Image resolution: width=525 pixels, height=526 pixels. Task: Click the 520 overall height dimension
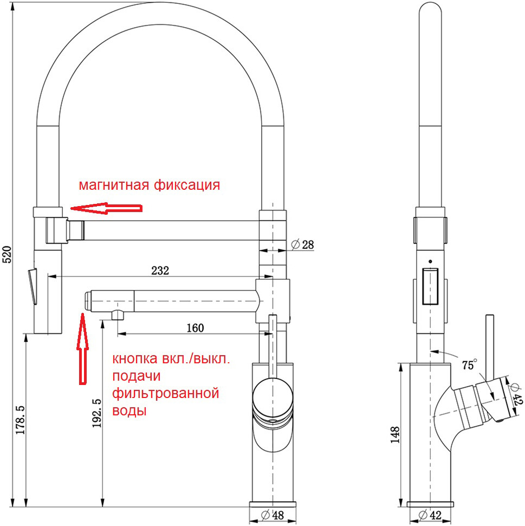click(7, 254)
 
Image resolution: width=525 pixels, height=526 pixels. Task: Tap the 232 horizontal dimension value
click(160, 270)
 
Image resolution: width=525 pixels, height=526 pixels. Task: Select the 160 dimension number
click(195, 328)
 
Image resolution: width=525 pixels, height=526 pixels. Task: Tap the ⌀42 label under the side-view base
click(430, 515)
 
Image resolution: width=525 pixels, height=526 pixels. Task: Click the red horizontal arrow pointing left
click(106, 208)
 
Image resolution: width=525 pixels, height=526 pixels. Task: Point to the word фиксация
click(187, 185)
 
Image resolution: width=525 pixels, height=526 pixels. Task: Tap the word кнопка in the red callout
click(135, 359)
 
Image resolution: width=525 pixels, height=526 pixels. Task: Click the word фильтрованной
click(165, 393)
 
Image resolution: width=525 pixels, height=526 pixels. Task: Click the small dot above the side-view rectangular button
click(430, 260)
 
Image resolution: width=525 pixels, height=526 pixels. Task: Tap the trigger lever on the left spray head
click(32, 285)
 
